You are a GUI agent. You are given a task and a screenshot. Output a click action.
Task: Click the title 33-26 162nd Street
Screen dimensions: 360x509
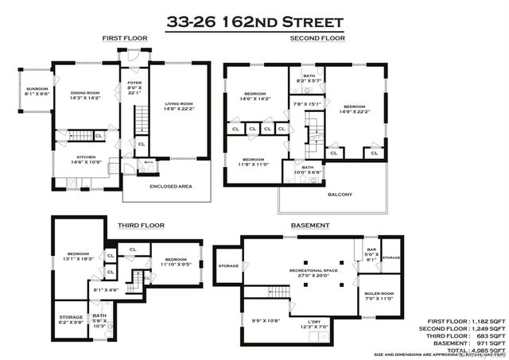tap(254, 21)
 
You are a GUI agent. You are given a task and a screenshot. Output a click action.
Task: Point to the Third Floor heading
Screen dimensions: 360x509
tap(141, 225)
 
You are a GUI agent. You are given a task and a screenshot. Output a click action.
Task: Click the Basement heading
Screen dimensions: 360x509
tap(309, 225)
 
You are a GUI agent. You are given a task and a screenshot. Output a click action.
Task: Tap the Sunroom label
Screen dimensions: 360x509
tap(37, 88)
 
